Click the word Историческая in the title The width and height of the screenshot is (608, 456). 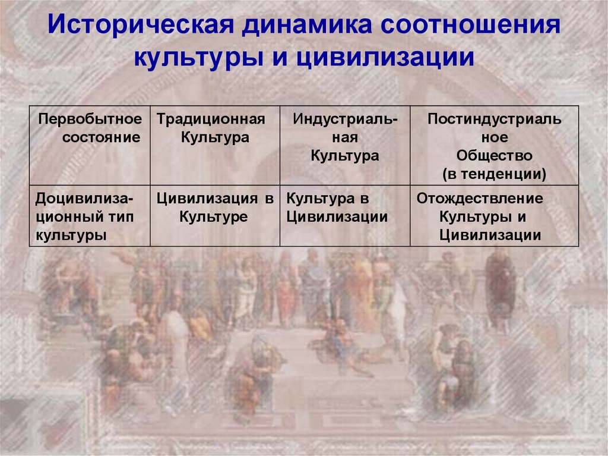point(141,25)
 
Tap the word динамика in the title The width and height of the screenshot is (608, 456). point(308,25)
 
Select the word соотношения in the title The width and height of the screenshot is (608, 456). point(470,26)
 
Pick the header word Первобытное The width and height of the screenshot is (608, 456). point(90,119)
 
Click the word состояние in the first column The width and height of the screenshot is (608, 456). point(101,137)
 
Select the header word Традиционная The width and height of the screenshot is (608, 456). point(211,119)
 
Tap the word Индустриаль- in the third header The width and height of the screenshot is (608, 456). point(345,119)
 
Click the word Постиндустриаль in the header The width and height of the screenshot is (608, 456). point(495,119)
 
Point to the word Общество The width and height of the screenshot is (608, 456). point(495,155)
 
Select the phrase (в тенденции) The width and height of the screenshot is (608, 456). point(495,174)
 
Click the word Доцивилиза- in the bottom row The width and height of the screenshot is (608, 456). point(84,199)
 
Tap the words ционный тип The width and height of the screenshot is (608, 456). point(84,217)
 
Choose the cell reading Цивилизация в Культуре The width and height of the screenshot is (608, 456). point(215,207)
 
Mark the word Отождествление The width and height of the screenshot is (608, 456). point(480,199)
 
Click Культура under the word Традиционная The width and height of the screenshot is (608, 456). point(215,137)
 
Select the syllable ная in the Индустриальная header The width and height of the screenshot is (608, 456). point(345,137)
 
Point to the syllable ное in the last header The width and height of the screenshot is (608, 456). point(495,137)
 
